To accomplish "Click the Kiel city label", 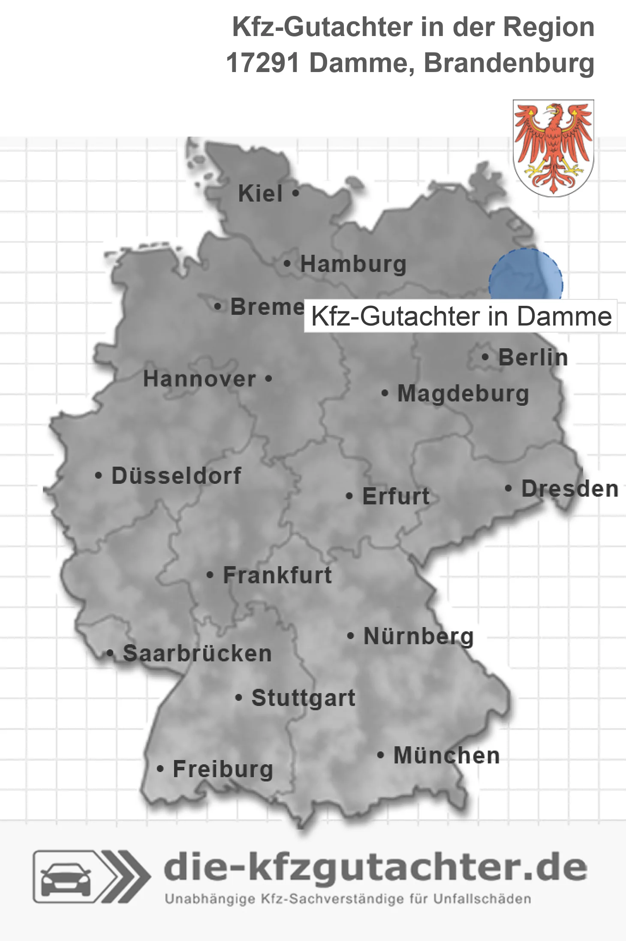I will click(260, 193).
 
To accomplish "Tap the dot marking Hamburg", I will click(287, 264).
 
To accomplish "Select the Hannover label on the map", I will click(199, 379).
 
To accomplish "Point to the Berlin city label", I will click(533, 357).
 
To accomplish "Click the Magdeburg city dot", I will click(385, 393).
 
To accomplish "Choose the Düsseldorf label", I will click(176, 476).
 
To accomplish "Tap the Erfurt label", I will click(396, 496).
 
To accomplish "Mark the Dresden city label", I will click(570, 489).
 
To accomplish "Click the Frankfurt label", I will click(277, 575).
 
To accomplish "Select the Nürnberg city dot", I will click(350, 636).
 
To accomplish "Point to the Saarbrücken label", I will click(197, 654).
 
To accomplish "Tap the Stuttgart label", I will click(303, 698).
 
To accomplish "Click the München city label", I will click(446, 755).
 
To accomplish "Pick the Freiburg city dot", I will click(160, 769).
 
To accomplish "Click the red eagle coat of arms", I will click(553, 148).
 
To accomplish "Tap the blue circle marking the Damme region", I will click(526, 274).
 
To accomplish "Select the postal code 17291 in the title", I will click(262, 63).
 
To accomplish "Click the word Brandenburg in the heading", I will click(509, 63).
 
